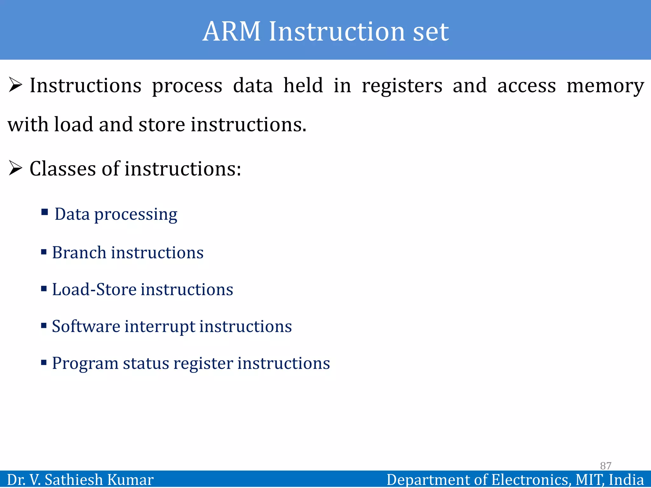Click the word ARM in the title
232,31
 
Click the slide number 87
606,466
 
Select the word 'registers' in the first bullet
402,86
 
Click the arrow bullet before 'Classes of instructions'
15,168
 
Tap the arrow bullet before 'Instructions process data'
15,85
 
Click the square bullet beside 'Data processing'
45,212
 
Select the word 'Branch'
79,253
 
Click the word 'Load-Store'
94,289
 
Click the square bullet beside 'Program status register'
44,362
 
